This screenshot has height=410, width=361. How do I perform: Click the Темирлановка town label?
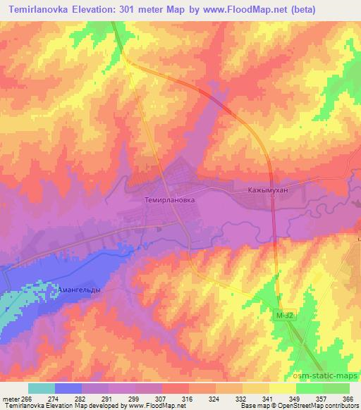click(x=169, y=199)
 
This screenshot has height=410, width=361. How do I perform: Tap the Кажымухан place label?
click(x=249, y=191)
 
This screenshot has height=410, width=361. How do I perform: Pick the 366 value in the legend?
click(x=348, y=399)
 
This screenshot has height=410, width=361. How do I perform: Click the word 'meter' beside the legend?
click(x=11, y=399)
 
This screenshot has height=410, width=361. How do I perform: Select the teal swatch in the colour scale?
click(x=41, y=388)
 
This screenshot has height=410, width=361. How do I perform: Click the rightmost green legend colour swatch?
click(x=336, y=388)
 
